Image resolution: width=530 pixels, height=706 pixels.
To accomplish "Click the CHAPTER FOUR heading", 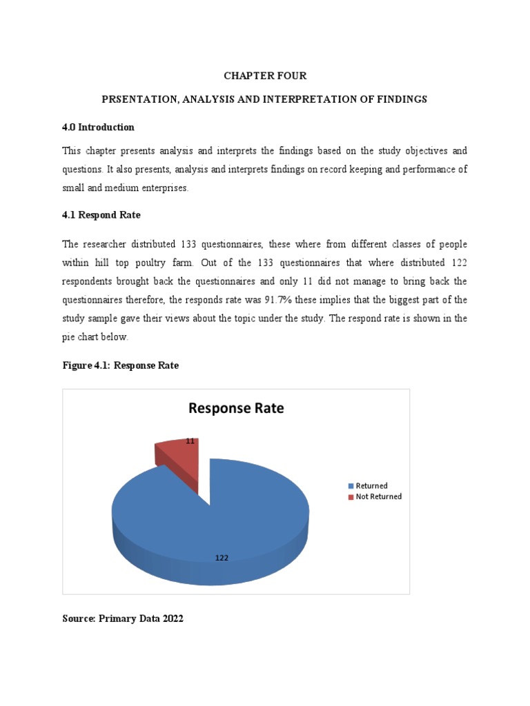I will pos(265,76).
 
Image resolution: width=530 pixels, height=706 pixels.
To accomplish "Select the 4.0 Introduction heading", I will pos(98,128).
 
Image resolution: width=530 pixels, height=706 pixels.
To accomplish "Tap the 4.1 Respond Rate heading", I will pos(101,215).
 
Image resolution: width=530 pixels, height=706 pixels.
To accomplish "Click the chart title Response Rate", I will pos(236,408).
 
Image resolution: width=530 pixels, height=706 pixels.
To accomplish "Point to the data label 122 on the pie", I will pos(222,558).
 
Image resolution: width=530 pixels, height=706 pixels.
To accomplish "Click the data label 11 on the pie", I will pos(190,441).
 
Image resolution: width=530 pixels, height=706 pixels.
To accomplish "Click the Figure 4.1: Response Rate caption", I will pos(120,365).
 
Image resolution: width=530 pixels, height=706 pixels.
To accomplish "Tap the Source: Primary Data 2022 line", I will pos(123,619).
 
